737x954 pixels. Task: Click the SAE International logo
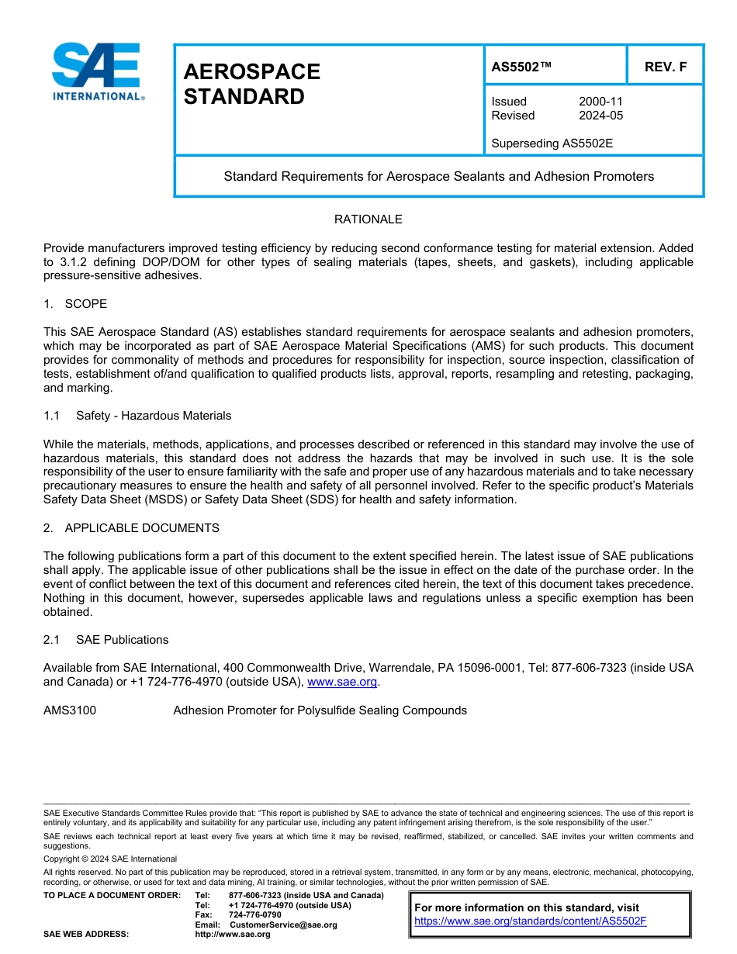click(x=97, y=71)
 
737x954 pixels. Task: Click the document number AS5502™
click(x=521, y=67)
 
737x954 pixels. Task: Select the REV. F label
click(x=666, y=67)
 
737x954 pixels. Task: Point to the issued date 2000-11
click(x=600, y=102)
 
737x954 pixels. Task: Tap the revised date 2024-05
click(x=600, y=116)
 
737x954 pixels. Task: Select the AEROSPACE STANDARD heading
click(x=251, y=84)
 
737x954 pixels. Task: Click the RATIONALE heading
click(x=368, y=219)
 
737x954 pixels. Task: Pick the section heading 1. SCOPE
click(x=75, y=303)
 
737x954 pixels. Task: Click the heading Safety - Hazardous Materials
click(x=154, y=416)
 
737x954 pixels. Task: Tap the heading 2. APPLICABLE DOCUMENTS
click(x=131, y=528)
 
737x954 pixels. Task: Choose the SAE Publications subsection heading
click(x=122, y=640)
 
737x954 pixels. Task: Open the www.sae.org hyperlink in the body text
click(x=342, y=683)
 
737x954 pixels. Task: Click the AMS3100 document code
click(x=70, y=710)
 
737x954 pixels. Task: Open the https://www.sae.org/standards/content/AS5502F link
click(x=531, y=921)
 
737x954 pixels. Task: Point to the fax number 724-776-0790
click(x=254, y=914)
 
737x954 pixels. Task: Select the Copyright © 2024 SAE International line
click(x=110, y=859)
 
